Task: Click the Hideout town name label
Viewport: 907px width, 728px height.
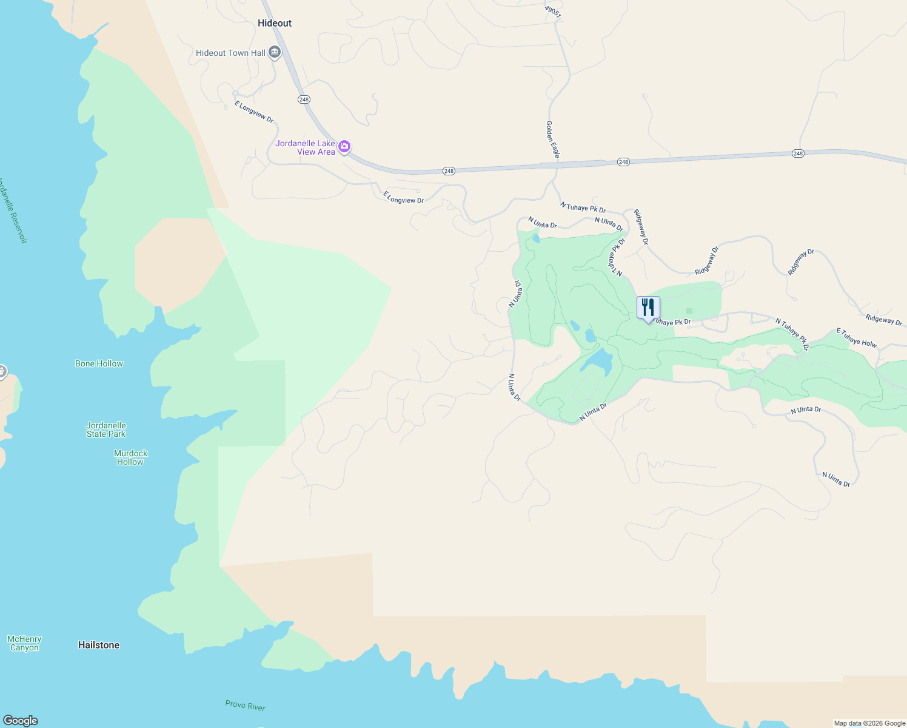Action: click(x=275, y=23)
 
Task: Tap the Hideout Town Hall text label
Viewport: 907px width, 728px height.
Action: click(x=230, y=53)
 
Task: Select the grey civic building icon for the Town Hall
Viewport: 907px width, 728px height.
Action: click(x=275, y=53)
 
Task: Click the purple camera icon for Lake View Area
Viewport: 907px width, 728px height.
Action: click(x=344, y=147)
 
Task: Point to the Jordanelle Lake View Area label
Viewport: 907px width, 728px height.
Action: click(x=306, y=147)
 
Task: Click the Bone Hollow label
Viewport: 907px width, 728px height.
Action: click(x=99, y=363)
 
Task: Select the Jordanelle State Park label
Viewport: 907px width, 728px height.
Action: click(x=106, y=430)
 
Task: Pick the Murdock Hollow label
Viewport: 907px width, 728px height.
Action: click(x=130, y=457)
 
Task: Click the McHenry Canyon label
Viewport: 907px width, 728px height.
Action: click(x=24, y=643)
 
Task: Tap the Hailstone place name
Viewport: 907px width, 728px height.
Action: click(x=99, y=645)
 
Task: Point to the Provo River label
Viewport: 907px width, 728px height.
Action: click(x=245, y=706)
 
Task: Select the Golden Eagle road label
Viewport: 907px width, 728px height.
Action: click(x=552, y=140)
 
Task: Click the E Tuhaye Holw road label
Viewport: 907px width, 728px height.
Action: click(x=856, y=338)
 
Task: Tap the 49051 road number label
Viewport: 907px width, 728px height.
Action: click(x=552, y=12)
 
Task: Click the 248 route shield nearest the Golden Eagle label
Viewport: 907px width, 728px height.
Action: click(x=623, y=162)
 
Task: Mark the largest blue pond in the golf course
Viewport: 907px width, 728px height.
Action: click(x=597, y=361)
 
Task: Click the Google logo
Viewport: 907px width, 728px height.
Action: click(x=21, y=720)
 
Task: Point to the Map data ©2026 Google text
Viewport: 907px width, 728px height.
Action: click(x=869, y=723)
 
